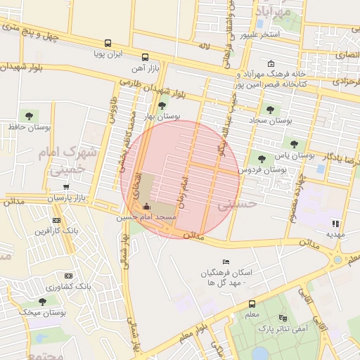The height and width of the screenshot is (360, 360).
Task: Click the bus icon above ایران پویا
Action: click(x=108, y=43)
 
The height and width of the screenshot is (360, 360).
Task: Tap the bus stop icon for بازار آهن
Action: click(x=145, y=58)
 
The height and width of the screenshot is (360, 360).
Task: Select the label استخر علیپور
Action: click(x=259, y=34)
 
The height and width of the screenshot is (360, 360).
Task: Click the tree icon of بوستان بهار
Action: click(x=163, y=105)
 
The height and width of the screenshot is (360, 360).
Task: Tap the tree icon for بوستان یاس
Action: click(x=294, y=144)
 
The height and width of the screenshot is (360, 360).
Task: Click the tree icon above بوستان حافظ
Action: click(x=29, y=115)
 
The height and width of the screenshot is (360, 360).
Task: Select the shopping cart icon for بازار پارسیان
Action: click(x=65, y=187)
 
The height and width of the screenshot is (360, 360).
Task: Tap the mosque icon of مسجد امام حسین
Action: click(x=146, y=207)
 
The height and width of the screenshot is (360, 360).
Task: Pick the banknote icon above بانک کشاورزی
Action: click(x=69, y=276)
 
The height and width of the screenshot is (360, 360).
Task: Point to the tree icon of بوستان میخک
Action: click(x=42, y=301)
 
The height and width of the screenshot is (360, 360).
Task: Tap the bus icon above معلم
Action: click(x=252, y=304)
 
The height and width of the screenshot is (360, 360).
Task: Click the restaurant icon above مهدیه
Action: click(x=335, y=223)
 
